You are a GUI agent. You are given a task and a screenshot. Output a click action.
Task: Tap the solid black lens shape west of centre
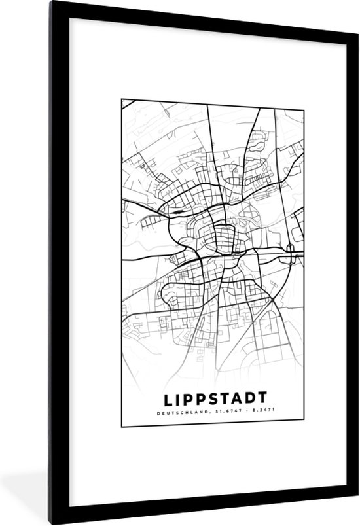click(178, 211)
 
